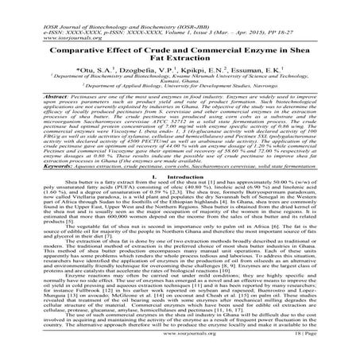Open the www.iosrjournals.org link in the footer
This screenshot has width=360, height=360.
[180, 347]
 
